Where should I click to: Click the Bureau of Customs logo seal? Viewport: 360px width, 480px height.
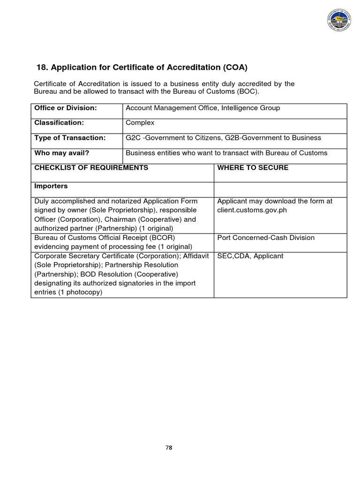[341, 22]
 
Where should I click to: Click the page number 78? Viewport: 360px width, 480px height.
[169, 448]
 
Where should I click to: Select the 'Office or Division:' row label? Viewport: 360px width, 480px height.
[65, 108]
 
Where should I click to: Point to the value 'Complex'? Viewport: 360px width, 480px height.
[140, 123]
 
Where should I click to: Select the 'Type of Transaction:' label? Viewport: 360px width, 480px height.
[70, 138]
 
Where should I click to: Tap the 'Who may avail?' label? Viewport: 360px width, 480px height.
[62, 153]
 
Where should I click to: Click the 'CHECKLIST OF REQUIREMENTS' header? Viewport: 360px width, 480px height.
[91, 168]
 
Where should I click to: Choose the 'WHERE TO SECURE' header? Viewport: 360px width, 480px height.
[253, 168]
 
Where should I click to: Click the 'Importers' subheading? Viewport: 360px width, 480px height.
[51, 186]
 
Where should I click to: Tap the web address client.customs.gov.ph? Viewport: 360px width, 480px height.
[252, 210]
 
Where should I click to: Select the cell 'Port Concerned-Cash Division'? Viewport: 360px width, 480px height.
[266, 238]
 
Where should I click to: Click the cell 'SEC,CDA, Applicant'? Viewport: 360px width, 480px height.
[250, 256]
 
